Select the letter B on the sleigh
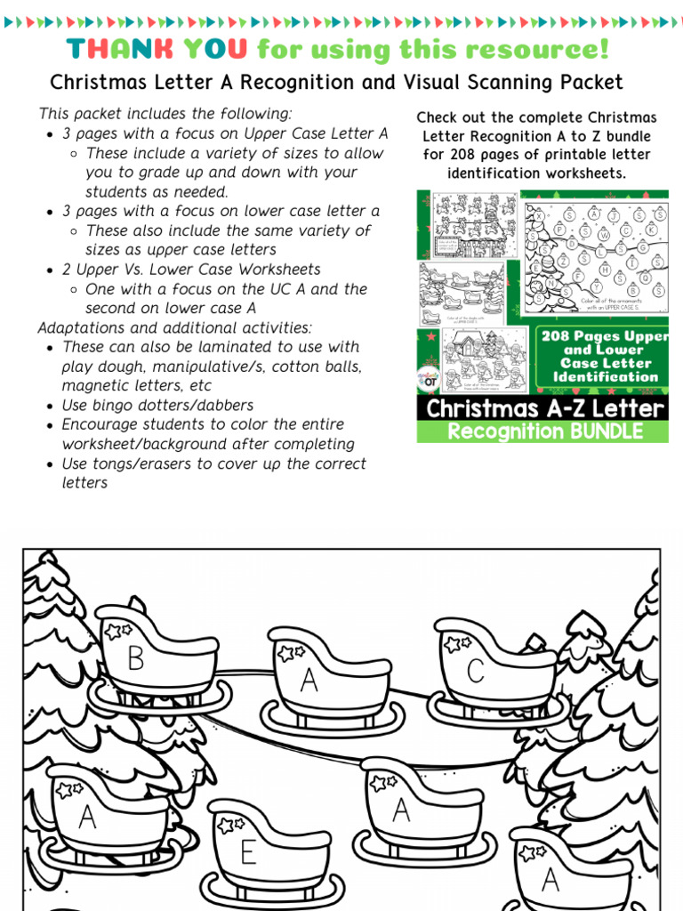tap(136, 658)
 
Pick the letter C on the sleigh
tap(476, 671)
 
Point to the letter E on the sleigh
tap(248, 852)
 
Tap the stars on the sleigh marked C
tap(458, 643)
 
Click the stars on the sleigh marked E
tap(230, 825)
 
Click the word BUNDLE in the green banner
tap(596, 432)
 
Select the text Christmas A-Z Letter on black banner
tap(544, 409)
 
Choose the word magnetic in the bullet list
tap(93, 386)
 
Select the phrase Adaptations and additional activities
tap(174, 327)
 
